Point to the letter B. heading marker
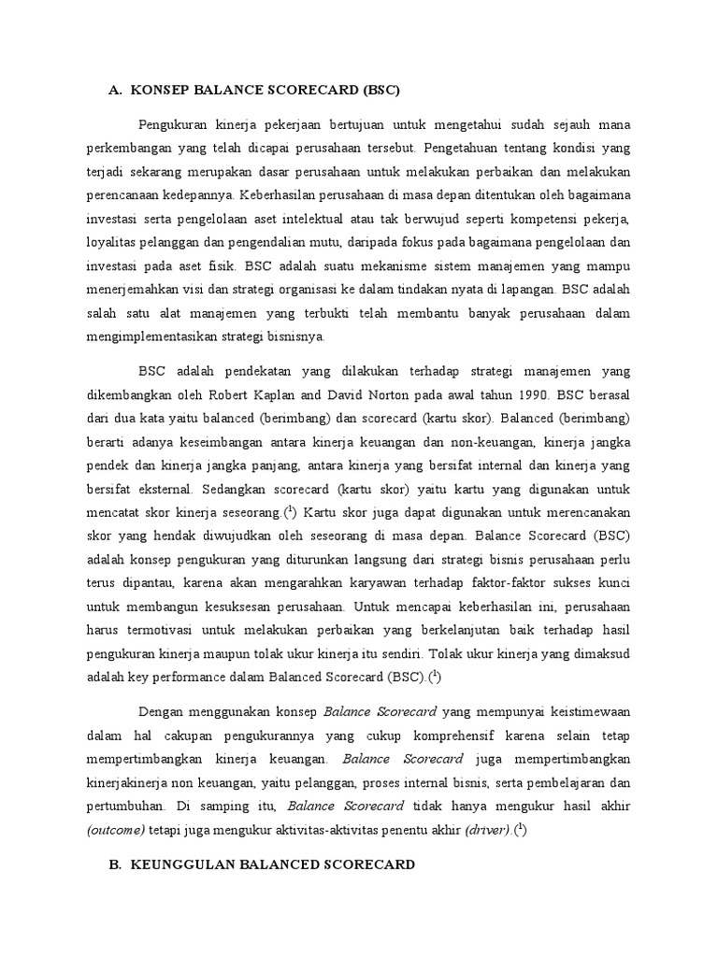(x=115, y=865)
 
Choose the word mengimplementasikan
(x=179, y=337)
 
